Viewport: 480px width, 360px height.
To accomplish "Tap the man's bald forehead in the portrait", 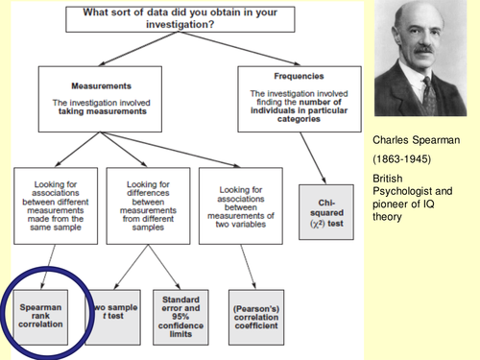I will pyautogui.click(x=415, y=25).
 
